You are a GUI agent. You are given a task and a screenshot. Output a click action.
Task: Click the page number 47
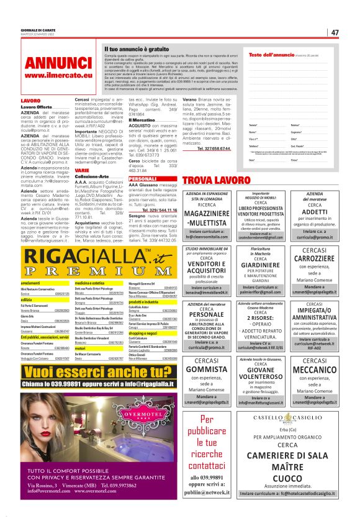334,32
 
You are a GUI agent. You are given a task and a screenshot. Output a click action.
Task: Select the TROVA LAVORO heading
215,180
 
